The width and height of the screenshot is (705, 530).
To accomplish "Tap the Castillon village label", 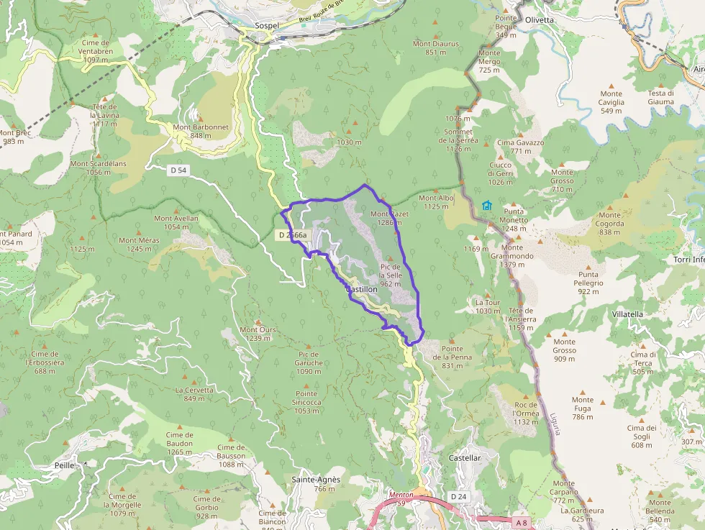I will (362, 289).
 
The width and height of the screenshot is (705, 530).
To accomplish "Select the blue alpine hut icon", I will (487, 206).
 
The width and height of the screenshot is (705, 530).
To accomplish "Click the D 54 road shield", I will (178, 170).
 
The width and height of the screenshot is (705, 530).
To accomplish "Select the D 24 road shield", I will (458, 497).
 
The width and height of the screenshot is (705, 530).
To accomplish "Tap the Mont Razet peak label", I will (389, 214).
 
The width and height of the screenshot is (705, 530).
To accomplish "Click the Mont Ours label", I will (258, 330).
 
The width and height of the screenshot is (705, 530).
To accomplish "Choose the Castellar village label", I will (464, 457).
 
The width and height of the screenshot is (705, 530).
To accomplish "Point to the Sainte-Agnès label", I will (316, 480).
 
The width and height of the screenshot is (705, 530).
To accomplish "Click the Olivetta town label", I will (540, 19).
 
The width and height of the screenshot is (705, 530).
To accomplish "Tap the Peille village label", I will (64, 465).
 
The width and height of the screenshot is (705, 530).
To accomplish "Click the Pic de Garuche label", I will (309, 358).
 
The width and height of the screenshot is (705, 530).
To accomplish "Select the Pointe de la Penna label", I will (452, 357).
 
